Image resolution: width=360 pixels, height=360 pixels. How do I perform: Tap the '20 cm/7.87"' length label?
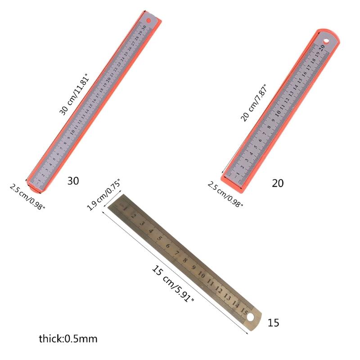[x=254, y=102]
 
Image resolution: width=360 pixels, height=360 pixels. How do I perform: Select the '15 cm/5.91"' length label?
[x=173, y=283]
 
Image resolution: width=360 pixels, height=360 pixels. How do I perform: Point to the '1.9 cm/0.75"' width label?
[x=103, y=195]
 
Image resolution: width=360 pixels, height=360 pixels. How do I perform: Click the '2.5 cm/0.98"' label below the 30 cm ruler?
[x=27, y=197]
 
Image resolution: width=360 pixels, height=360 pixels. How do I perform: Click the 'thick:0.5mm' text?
[x=68, y=338]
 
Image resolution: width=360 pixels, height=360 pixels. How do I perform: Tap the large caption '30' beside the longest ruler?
[x=73, y=181]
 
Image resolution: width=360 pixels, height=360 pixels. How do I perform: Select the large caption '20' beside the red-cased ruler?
[x=278, y=183]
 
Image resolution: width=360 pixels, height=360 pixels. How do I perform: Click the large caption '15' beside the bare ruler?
[x=273, y=323]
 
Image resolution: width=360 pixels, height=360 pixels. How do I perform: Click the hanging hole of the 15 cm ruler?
[x=251, y=319]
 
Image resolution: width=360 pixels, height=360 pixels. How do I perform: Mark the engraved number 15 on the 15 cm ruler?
[x=245, y=311]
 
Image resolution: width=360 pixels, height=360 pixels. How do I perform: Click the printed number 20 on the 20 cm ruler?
[x=323, y=45]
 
